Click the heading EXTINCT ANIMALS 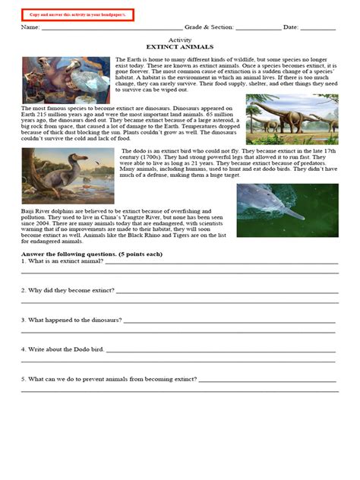tap(179, 46)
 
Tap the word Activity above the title tap(179, 39)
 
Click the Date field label tap(291, 27)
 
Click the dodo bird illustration tap(69, 175)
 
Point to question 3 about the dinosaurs tap(72, 320)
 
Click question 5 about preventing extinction tap(106, 378)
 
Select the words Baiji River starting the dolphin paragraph tap(37, 210)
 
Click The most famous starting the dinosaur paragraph tap(43, 109)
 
